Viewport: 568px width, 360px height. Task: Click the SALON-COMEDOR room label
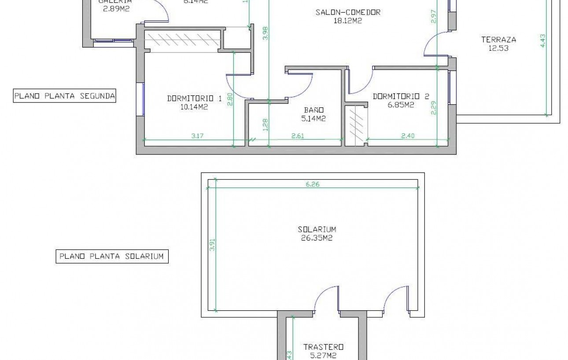coord(347,12)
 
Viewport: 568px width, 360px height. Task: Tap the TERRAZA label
coord(498,40)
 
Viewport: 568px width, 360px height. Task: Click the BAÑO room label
coord(314,110)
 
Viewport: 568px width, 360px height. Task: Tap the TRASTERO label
coord(323,347)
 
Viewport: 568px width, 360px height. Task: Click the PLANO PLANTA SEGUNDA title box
coord(64,96)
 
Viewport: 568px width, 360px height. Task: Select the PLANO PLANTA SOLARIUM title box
coord(112,256)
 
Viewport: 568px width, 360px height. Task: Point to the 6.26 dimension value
coord(312,184)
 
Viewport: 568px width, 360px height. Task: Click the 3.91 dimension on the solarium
coord(212,247)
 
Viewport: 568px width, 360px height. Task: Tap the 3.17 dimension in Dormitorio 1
coord(198,136)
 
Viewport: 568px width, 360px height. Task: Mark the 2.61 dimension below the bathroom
coord(298,136)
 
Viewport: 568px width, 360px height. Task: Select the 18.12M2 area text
coord(348,20)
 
